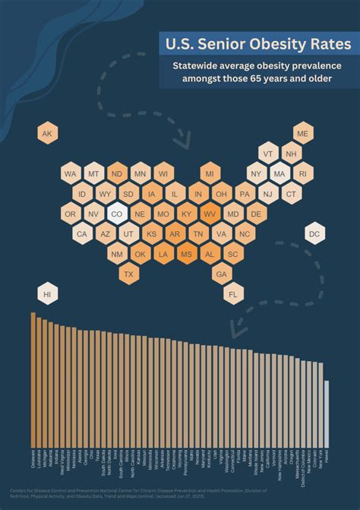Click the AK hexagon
[47, 134]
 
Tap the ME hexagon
[303, 134]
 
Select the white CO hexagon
[117, 214]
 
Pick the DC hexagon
[314, 234]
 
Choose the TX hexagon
[128, 274]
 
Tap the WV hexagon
[210, 214]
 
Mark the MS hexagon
[187, 254]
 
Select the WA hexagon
[71, 174]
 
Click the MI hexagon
[210, 174]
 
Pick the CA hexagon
[82, 234]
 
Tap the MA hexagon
[279, 174]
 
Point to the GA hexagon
[222, 274]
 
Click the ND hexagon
[117, 174]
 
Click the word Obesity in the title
[254, 45]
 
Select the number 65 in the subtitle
[269, 79]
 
